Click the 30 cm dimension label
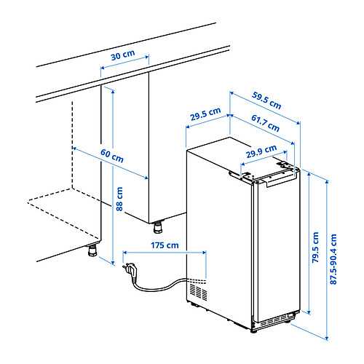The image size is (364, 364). pyautogui.click(x=123, y=55)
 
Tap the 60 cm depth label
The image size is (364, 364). pyautogui.click(x=112, y=156)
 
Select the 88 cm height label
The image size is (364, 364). pyautogui.click(x=119, y=199)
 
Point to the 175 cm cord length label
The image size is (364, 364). pyautogui.click(x=165, y=245)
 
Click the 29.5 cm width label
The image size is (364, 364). pyautogui.click(x=205, y=114)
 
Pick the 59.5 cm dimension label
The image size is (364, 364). pyautogui.click(x=266, y=100)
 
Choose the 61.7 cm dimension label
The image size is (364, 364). pyautogui.click(x=265, y=123)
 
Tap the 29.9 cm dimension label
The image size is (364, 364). pyautogui.click(x=261, y=151)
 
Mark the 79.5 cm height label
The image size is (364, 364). pyautogui.click(x=315, y=248)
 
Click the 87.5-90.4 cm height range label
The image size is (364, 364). pyautogui.click(x=333, y=259)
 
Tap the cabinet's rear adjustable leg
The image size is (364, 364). pyautogui.click(x=158, y=226)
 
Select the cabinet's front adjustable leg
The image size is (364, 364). pyautogui.click(x=92, y=249)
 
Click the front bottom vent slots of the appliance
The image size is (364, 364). pyautogui.click(x=272, y=321)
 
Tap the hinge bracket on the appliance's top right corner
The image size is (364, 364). pyautogui.click(x=286, y=165)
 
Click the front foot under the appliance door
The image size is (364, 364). pyautogui.click(x=253, y=331)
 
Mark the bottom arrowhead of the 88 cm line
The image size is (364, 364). pyautogui.click(x=113, y=263)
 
